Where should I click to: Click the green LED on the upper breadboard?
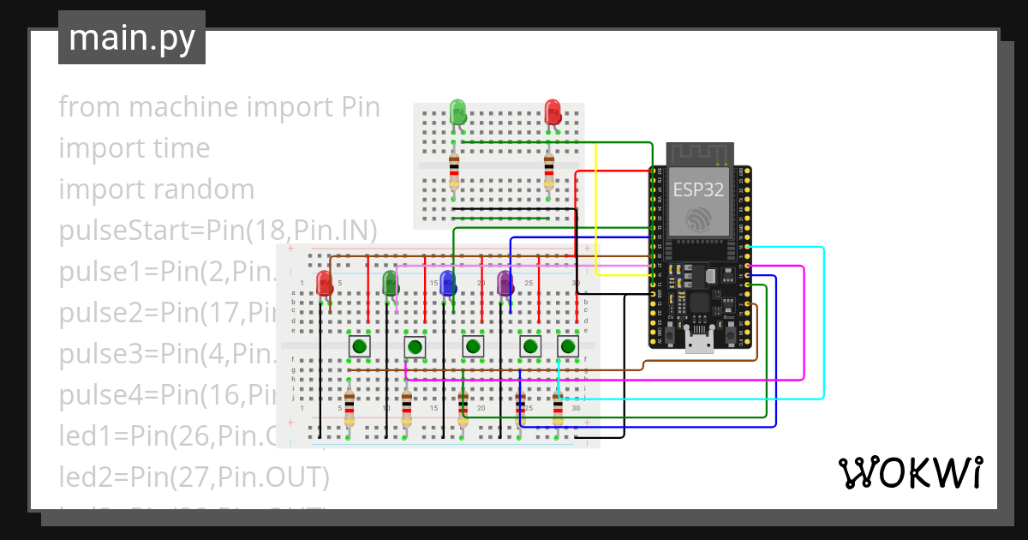click(x=457, y=111)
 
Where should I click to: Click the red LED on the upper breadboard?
click(x=553, y=111)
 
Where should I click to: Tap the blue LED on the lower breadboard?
click(x=446, y=284)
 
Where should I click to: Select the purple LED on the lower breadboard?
click(x=505, y=284)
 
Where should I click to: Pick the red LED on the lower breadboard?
click(x=324, y=284)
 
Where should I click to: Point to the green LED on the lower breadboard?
click(x=391, y=284)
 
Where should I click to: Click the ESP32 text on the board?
click(x=698, y=189)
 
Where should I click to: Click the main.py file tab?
click(x=132, y=38)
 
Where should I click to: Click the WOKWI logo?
click(x=910, y=472)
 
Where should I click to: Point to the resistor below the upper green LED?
click(x=453, y=171)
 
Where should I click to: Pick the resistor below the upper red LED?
click(x=548, y=171)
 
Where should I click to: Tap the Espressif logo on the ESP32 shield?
click(x=699, y=219)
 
